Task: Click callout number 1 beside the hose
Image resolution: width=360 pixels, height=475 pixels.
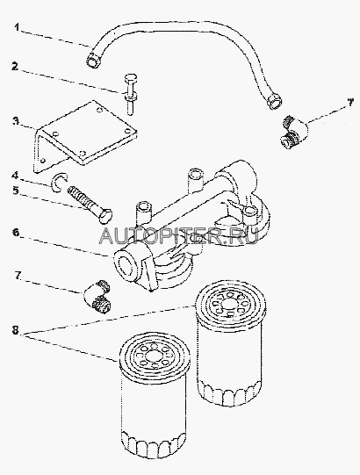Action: pyautogui.click(x=17, y=27)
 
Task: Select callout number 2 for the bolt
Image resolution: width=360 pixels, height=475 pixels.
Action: pyautogui.click(x=15, y=67)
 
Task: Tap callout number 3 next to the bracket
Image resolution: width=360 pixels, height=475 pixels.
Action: pyautogui.click(x=15, y=121)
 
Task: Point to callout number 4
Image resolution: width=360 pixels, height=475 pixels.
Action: pyautogui.click(x=15, y=175)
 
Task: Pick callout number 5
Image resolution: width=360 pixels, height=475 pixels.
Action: pyautogui.click(x=15, y=191)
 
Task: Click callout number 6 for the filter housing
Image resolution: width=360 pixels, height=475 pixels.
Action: pyautogui.click(x=16, y=233)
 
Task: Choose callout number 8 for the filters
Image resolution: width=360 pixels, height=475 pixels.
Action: pyautogui.click(x=16, y=330)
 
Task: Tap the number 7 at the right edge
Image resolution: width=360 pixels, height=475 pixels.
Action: pyautogui.click(x=350, y=103)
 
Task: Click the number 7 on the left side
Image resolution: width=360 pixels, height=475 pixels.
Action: pyautogui.click(x=17, y=276)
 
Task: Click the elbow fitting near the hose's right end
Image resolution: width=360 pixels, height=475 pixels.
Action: pyautogui.click(x=294, y=131)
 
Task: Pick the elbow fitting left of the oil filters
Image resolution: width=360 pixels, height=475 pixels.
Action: pyautogui.click(x=97, y=296)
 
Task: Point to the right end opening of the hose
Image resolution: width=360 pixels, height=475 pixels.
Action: pyautogui.click(x=275, y=104)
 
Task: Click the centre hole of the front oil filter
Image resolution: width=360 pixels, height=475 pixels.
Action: pyautogui.click(x=153, y=355)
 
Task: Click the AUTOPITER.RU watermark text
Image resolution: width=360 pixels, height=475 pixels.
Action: pyautogui.click(x=179, y=236)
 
